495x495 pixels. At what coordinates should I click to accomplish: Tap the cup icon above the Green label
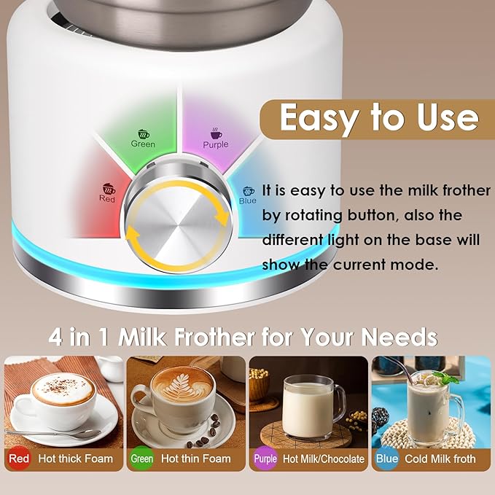[x=144, y=134]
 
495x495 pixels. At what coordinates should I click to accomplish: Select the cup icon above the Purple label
[x=216, y=133]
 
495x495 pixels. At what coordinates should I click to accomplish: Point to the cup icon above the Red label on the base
[x=108, y=187]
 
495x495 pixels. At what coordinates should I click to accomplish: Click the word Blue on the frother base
[x=248, y=200]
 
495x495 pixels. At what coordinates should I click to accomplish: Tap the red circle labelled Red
[x=20, y=459]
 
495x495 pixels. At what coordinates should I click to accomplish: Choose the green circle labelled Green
[x=141, y=459]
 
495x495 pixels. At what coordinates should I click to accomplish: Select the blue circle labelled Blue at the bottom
[x=387, y=459]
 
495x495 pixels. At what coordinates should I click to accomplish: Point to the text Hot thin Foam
[x=195, y=459]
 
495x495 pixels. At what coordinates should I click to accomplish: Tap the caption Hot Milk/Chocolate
[x=323, y=459]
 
